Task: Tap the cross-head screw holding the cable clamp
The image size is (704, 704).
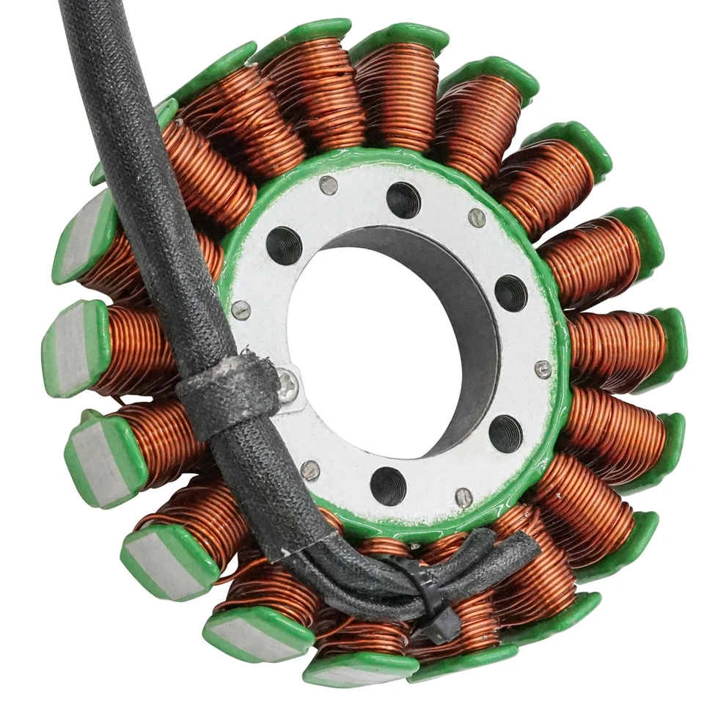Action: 288,385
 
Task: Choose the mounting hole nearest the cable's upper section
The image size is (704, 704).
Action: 284,246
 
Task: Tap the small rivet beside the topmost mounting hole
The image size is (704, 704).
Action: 329,186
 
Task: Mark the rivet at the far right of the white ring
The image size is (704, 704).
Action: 543,370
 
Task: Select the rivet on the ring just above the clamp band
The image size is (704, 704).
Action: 241,309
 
